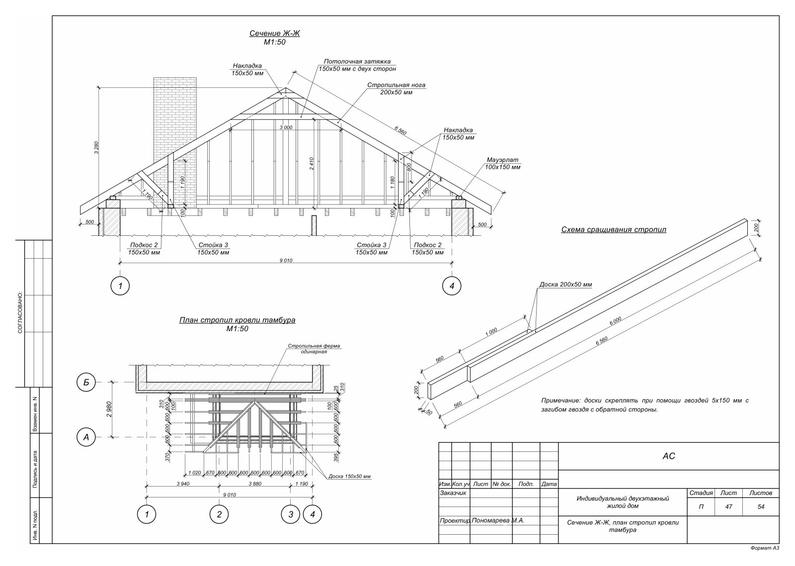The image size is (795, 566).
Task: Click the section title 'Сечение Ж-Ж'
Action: coord(275,33)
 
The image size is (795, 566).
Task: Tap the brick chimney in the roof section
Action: coord(175,142)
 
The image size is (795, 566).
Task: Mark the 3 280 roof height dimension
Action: coord(96,147)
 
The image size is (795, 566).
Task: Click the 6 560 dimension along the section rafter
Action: coord(400,131)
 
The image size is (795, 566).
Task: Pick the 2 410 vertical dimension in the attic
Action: coord(312,163)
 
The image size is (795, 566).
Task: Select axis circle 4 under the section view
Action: coord(452,286)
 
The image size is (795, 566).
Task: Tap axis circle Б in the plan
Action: coord(86,382)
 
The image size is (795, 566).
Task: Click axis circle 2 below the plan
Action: coord(219,514)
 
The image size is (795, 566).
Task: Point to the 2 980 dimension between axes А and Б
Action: coord(109,409)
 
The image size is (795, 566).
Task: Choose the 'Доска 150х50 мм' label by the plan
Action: coord(349,476)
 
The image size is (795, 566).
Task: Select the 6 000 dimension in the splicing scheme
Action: coord(616,321)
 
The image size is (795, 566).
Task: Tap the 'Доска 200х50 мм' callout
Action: coord(566,284)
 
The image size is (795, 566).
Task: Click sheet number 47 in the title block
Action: coord(728,507)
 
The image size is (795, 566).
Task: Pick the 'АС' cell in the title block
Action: coord(669,456)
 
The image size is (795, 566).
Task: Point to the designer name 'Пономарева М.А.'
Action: coord(498,521)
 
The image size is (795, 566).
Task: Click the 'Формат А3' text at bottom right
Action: coord(765,558)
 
